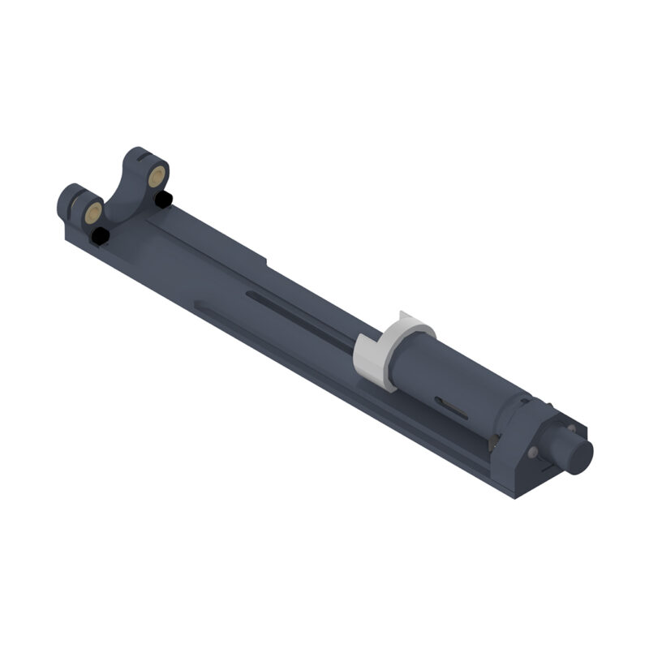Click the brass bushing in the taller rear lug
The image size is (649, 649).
158,174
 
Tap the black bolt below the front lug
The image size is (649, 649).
100,236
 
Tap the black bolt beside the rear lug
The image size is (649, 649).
163,199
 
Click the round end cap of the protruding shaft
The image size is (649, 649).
582,456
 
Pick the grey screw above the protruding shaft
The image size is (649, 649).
570,428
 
